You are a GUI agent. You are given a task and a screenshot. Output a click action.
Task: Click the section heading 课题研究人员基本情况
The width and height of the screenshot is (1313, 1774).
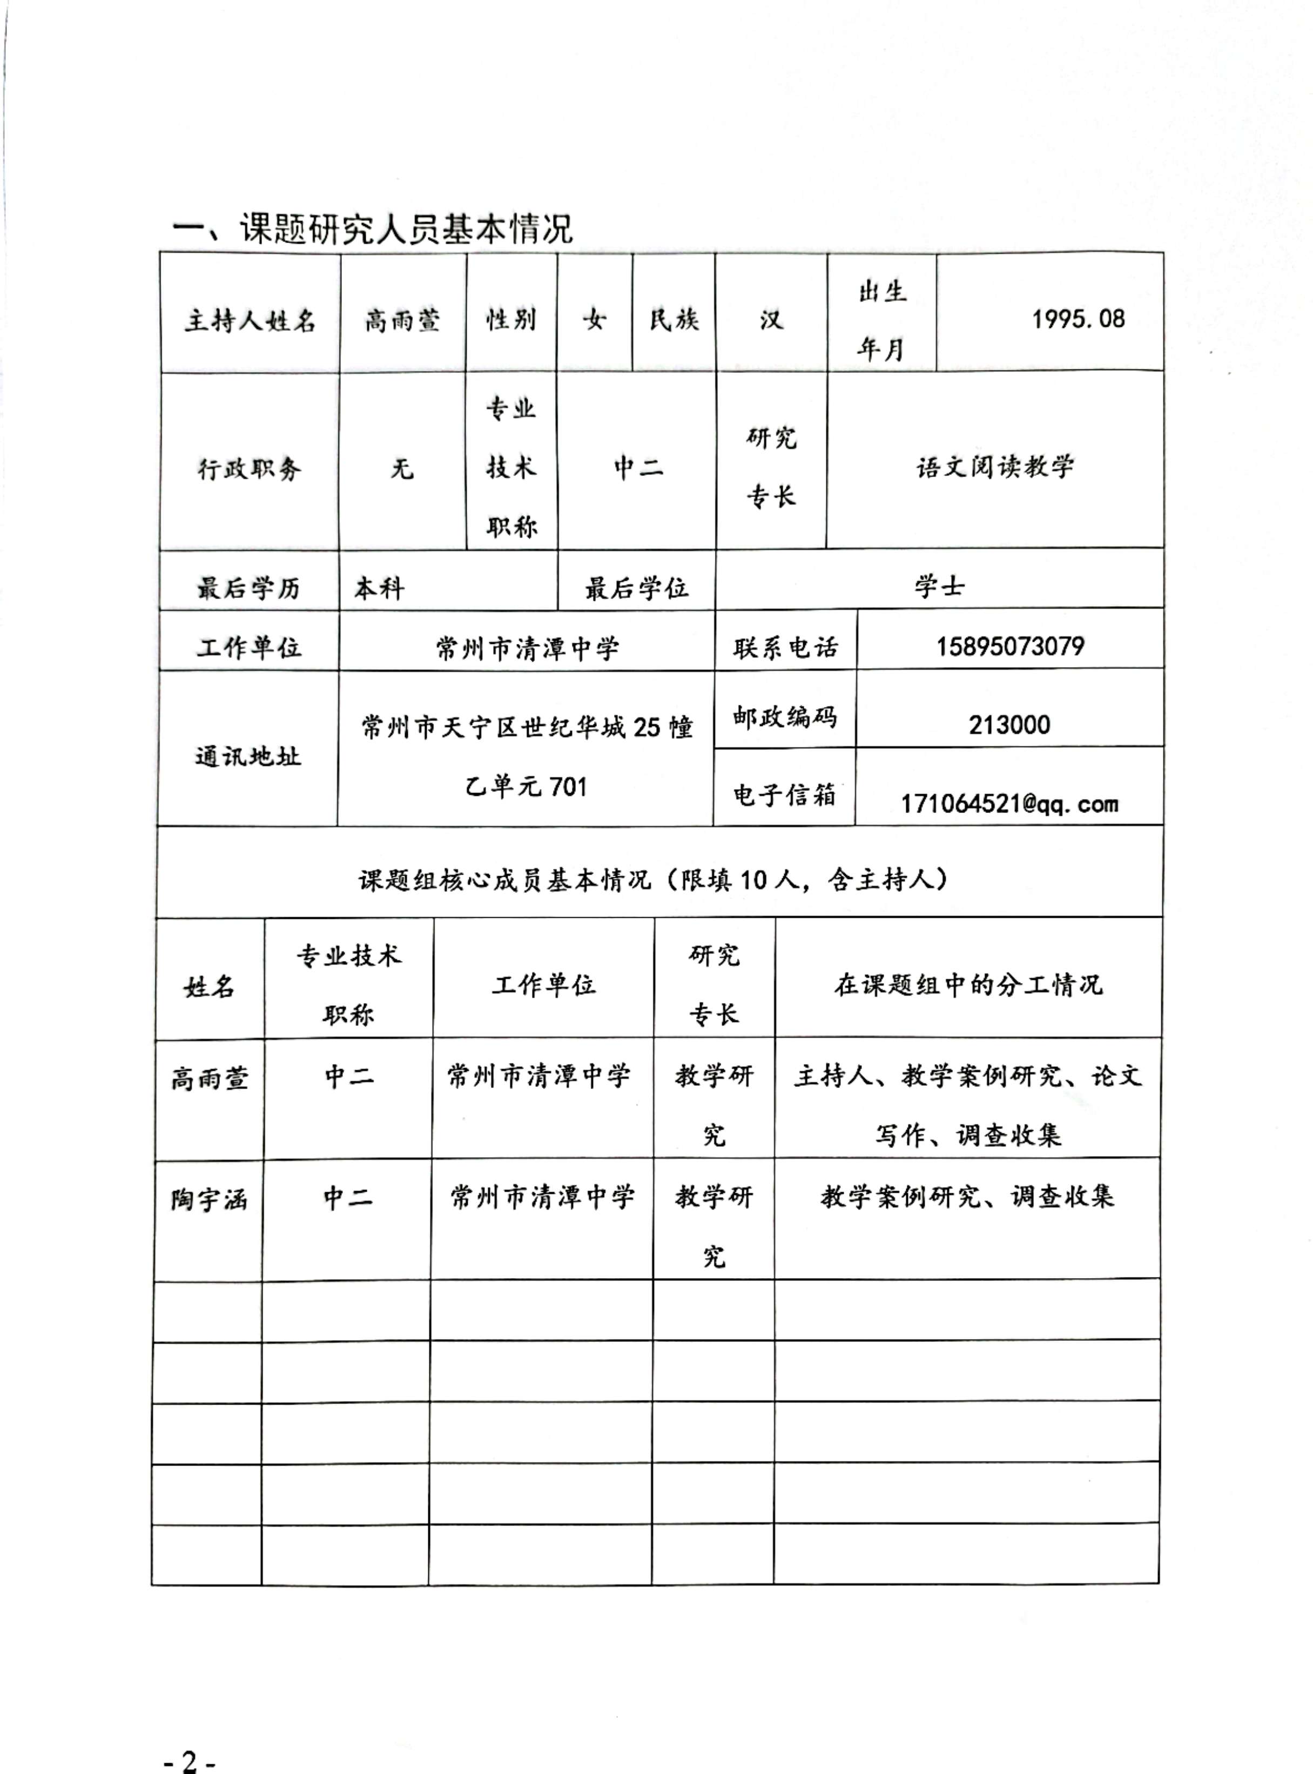(x=372, y=229)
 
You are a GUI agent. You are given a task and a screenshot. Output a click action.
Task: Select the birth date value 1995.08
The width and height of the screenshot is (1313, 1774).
(x=1078, y=319)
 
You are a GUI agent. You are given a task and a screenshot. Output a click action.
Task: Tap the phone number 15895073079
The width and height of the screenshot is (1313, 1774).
(x=1009, y=646)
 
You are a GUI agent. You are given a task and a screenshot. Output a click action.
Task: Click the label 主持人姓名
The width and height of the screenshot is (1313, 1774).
(x=251, y=320)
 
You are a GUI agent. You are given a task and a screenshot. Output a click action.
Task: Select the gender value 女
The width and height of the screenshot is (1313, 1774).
(x=595, y=319)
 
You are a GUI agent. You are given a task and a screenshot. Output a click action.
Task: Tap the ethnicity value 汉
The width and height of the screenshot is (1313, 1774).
(x=770, y=319)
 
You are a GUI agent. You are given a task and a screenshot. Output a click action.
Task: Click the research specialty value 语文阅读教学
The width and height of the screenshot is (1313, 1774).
(x=994, y=467)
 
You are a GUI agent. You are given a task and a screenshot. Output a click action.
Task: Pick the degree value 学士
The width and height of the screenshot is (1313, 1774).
(x=939, y=587)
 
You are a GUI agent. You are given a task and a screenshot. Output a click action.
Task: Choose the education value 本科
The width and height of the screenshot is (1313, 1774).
(x=379, y=588)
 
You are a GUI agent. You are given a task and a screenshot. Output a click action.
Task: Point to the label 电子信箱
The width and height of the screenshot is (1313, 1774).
(x=784, y=794)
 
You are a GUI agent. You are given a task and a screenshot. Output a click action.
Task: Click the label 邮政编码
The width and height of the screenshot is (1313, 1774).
(x=784, y=717)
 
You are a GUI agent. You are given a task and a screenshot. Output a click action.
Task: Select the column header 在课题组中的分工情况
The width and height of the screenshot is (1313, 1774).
(x=968, y=985)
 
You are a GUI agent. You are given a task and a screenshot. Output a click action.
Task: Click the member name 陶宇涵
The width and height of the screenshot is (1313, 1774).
(x=209, y=1199)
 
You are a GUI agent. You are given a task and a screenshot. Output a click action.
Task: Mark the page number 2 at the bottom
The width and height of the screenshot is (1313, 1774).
(x=189, y=1760)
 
